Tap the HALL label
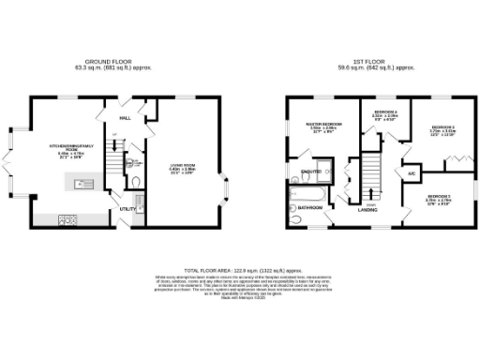tap(125, 119)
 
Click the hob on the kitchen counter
tap(68, 220)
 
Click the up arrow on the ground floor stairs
tap(113, 141)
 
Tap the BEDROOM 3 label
tap(438, 197)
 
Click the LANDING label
tap(369, 211)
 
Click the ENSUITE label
tap(307, 171)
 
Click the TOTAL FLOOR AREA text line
tap(239, 269)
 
